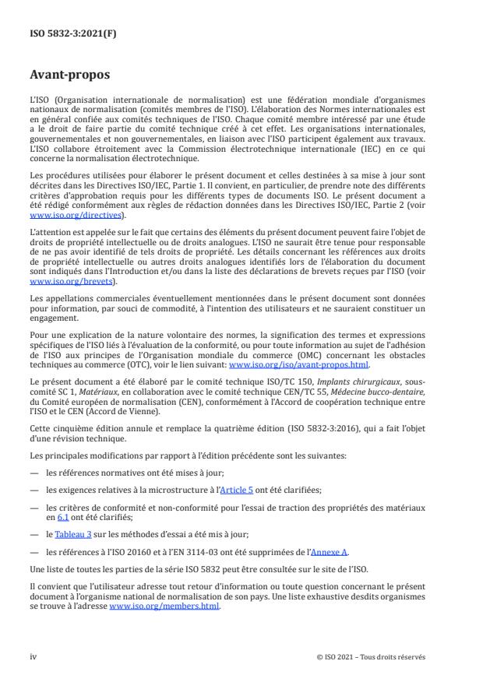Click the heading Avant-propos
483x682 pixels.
click(x=71, y=76)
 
